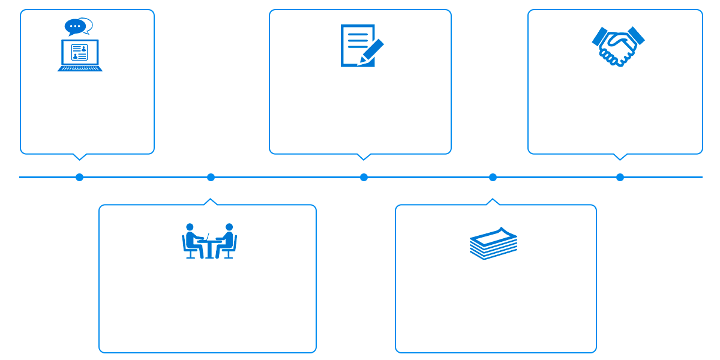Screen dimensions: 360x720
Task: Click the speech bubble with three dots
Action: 75,26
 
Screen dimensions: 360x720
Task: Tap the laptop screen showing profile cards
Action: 79,52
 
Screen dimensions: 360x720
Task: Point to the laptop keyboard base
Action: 80,68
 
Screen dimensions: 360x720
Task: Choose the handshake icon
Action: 618,46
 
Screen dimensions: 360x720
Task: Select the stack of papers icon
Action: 493,243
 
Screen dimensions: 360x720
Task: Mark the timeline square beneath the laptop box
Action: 80,177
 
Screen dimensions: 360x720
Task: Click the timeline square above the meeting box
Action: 211,177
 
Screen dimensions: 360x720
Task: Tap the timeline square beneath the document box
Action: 364,177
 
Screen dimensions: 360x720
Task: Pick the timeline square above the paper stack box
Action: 493,177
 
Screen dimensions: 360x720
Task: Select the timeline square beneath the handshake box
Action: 620,177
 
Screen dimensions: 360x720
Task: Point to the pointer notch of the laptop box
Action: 79,157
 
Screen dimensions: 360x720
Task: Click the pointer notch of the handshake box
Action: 620,157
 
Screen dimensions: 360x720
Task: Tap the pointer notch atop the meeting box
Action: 211,202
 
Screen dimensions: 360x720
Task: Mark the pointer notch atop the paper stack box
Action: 493,202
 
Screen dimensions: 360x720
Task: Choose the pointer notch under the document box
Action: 363,157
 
